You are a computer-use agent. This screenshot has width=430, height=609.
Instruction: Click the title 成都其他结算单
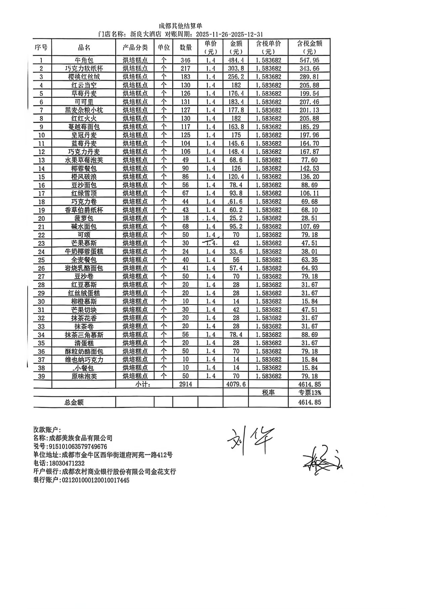(181, 26)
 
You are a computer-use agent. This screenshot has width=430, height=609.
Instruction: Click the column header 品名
(84, 47)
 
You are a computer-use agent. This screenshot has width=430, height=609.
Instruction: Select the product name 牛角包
(84, 61)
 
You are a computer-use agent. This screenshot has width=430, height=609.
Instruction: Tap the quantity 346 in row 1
(185, 61)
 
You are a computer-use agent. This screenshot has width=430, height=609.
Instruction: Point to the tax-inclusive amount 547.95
(309, 61)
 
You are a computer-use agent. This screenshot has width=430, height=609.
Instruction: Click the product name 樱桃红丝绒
(84, 77)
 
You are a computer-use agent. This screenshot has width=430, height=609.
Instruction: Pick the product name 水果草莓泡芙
(84, 160)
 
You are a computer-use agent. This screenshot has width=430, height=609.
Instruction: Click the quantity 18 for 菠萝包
(185, 218)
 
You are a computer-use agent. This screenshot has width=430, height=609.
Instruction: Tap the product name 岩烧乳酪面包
(84, 268)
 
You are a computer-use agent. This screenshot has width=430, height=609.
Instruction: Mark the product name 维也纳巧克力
(84, 359)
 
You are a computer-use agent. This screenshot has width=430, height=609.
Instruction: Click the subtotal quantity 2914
(185, 384)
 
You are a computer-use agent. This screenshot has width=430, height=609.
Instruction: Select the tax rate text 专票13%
(309, 392)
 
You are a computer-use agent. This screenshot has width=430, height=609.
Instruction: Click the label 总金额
(74, 402)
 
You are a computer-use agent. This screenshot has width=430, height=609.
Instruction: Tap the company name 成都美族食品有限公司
(81, 438)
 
